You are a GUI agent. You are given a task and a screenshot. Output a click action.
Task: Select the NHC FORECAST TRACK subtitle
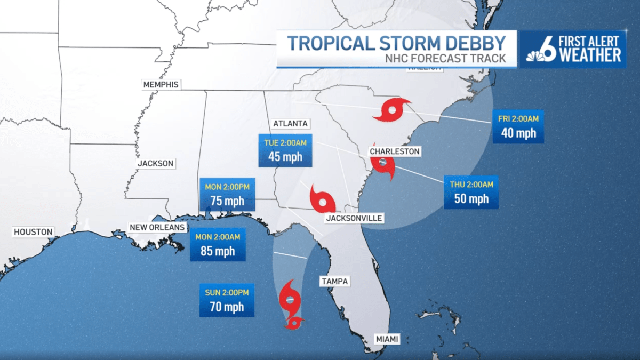(445, 59)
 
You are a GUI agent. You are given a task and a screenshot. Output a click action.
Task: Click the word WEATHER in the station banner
(589, 55)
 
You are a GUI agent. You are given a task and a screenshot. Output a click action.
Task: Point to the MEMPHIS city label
(161, 84)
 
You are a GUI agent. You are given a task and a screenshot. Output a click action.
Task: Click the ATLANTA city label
(290, 123)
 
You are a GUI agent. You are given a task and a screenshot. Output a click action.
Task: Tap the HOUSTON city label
(34, 232)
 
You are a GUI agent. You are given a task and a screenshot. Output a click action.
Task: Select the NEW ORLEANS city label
(157, 228)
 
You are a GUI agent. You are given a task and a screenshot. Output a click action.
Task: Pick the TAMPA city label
(334, 281)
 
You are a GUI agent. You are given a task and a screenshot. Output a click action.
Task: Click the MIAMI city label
(386, 338)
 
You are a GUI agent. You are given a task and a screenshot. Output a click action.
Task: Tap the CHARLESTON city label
(395, 151)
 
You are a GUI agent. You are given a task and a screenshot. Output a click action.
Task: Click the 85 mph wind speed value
(218, 251)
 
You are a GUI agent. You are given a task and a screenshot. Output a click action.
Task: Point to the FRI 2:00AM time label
(518, 119)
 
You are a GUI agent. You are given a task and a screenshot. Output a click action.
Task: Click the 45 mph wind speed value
(285, 157)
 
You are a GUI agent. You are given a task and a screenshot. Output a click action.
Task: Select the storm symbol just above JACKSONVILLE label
(323, 201)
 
